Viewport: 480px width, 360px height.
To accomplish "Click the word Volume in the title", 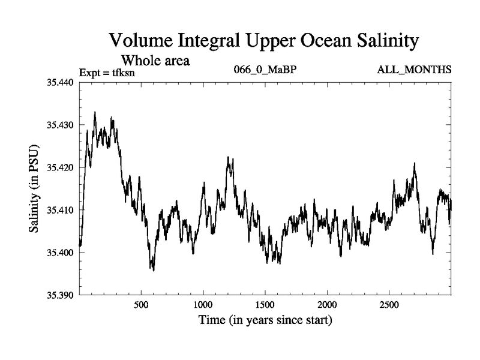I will [x=143, y=42].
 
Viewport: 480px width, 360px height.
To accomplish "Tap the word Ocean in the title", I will [x=308, y=42].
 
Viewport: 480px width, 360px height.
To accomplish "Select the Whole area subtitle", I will [x=156, y=60].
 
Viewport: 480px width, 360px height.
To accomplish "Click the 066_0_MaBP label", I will [x=265, y=70].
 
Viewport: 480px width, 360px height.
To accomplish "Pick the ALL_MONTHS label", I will [x=414, y=70].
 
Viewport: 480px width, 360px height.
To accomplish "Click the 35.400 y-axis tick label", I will [x=60, y=253].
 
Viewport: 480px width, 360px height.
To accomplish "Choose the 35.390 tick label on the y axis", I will [x=60, y=295].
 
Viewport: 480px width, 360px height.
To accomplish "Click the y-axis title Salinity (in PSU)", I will [x=34, y=188].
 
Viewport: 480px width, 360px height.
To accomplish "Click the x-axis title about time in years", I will [x=265, y=320].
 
